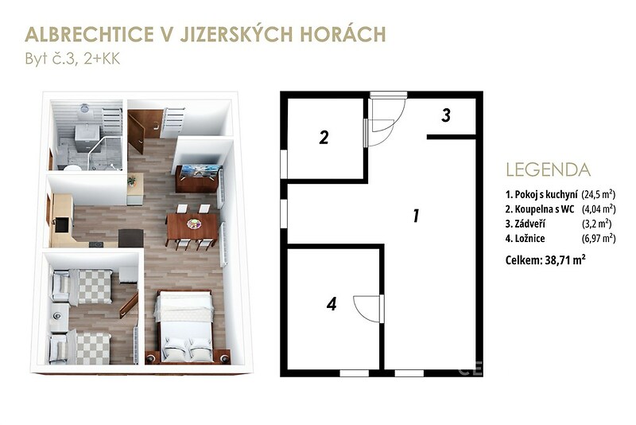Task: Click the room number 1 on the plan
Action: tap(416, 216)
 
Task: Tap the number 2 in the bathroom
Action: tap(324, 138)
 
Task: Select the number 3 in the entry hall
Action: tap(446, 115)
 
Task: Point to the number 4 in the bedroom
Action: tap(332, 304)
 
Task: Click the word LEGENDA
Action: tap(548, 170)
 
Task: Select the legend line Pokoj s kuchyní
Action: tap(541, 195)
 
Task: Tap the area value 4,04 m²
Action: tap(599, 209)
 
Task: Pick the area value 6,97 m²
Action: tap(599, 238)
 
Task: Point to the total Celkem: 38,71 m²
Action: tap(545, 259)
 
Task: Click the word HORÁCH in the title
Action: tap(343, 34)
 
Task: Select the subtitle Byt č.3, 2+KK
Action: tap(72, 59)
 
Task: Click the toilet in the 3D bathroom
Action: tap(72, 167)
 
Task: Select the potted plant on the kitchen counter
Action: tap(132, 180)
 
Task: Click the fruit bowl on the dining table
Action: tap(193, 224)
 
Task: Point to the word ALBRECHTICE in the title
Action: tap(87, 34)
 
